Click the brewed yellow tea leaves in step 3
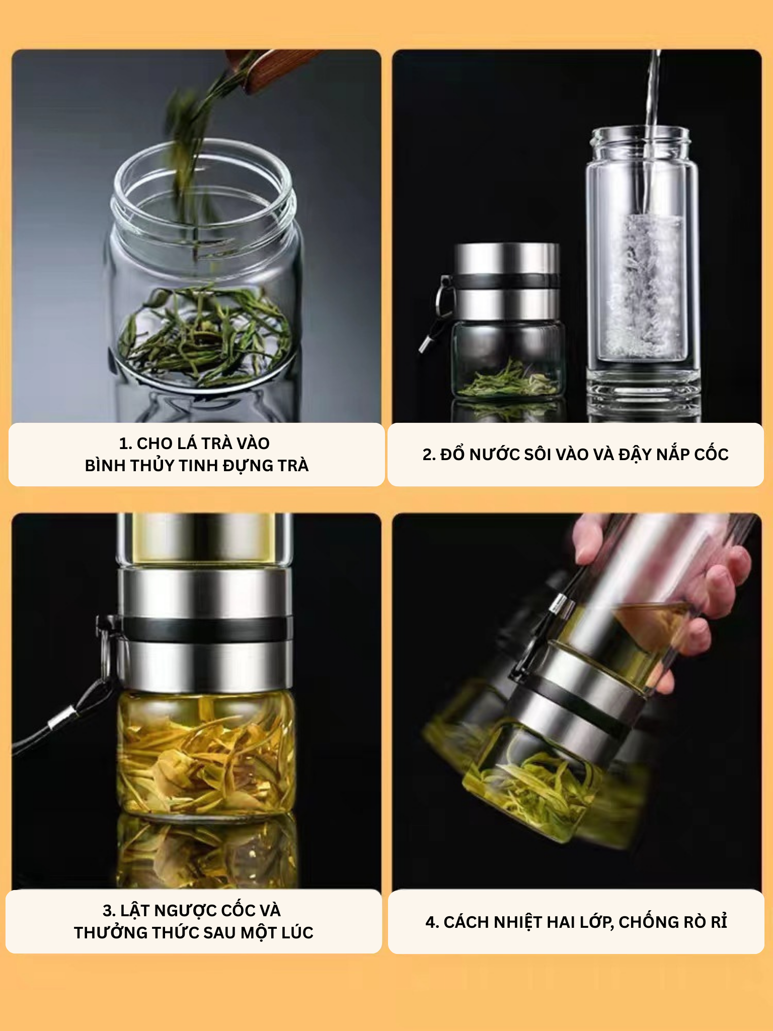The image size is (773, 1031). (205, 753)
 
